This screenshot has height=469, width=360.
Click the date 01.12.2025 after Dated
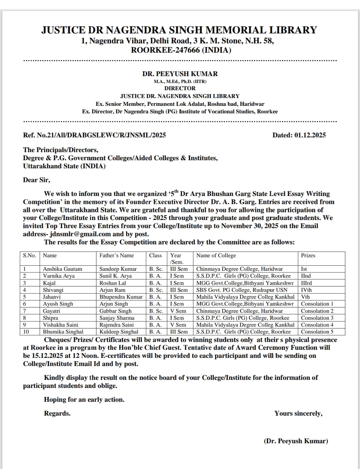coord(310,135)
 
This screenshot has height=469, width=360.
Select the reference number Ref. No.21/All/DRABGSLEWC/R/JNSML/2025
coord(94,135)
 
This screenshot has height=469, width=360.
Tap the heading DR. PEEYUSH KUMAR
coord(180,74)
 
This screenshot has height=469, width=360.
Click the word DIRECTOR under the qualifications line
coord(180,88)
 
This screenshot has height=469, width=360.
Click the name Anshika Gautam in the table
coord(62,269)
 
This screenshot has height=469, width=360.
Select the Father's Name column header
coord(116,255)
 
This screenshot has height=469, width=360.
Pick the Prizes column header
coord(308,255)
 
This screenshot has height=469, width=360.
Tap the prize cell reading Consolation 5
coord(317,332)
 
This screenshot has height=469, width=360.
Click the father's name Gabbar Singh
coord(115,311)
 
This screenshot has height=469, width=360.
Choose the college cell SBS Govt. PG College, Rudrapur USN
coord(242,290)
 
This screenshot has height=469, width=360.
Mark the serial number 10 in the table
coord(26,332)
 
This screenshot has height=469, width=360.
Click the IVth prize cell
coord(306,290)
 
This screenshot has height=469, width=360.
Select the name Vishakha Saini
coord(60,325)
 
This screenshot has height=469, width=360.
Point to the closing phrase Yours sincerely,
coord(298,413)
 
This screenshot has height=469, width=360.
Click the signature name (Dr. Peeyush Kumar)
coord(296,441)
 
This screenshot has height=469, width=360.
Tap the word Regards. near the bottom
coord(57,413)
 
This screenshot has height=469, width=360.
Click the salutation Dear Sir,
coord(36,180)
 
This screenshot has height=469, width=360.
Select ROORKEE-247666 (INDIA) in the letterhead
coord(181,50)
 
